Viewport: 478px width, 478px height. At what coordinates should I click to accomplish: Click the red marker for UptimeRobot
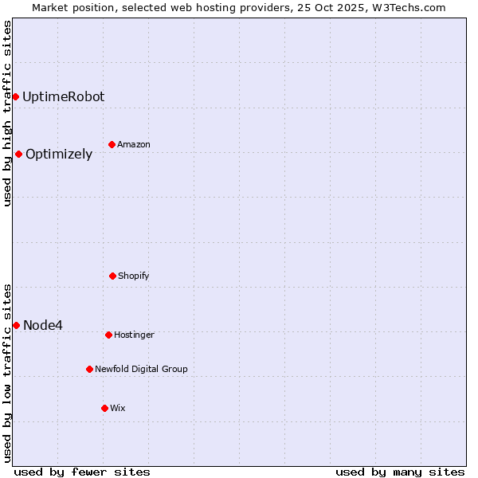tap(15, 96)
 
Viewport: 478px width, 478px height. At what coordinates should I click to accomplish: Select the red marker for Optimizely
tap(18, 154)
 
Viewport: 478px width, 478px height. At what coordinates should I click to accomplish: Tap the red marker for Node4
tap(16, 325)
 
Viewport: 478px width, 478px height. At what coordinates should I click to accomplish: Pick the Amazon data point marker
tap(112, 144)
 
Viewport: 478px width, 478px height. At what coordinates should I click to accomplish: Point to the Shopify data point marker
tap(112, 276)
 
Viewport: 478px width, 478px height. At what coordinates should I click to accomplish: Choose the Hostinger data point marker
tap(108, 335)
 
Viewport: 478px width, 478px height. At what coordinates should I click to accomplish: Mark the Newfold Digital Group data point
tap(89, 369)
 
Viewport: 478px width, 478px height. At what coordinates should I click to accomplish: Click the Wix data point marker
tap(104, 408)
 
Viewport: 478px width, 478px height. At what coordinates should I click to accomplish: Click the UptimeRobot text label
tap(63, 96)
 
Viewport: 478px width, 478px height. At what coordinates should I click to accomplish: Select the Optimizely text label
tap(59, 155)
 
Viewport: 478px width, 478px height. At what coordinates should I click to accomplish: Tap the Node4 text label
tap(43, 325)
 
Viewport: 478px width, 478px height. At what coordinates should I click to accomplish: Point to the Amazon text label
tap(134, 144)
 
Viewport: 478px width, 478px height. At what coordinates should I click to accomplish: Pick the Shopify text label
tap(134, 276)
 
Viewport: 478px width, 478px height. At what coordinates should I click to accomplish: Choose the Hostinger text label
tap(134, 335)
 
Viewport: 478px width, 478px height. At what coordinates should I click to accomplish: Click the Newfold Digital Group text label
tap(141, 369)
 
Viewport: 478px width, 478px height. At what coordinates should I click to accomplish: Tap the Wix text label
tap(118, 408)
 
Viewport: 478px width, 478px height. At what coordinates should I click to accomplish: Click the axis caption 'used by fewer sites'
tap(82, 472)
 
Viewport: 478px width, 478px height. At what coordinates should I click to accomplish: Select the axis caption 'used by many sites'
tap(400, 472)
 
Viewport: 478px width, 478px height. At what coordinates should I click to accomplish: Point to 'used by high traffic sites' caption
tap(7, 113)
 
